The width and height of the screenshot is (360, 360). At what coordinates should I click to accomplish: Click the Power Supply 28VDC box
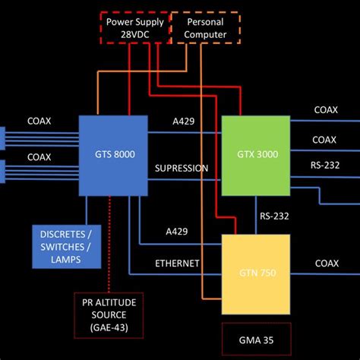click(x=135, y=28)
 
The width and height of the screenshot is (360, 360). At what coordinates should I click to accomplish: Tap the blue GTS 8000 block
click(x=113, y=153)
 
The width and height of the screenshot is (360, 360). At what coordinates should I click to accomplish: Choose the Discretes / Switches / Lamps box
click(x=68, y=247)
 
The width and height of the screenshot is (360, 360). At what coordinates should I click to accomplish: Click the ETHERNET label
click(x=177, y=264)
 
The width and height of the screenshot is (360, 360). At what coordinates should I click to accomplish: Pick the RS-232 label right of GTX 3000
click(x=325, y=163)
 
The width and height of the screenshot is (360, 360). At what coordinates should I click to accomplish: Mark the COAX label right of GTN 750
click(x=326, y=264)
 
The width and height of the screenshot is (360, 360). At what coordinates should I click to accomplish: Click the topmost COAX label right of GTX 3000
click(x=326, y=110)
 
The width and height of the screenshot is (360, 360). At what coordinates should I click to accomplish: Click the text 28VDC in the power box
click(x=135, y=35)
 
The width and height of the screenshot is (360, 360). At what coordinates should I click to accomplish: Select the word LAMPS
click(x=68, y=260)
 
